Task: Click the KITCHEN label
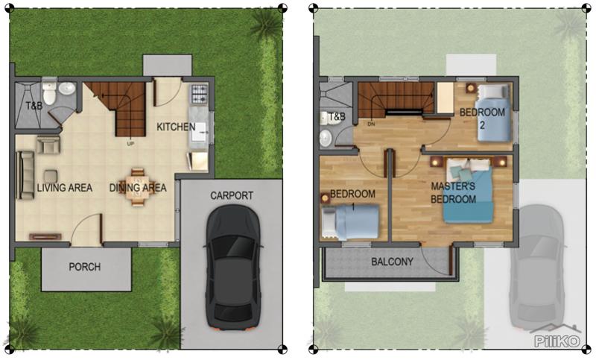pos(176,127)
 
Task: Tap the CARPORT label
pos(232,196)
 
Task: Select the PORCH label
pos(84,267)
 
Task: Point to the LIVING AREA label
pos(65,188)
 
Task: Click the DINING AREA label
pos(138,188)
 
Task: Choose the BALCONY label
pos(392,262)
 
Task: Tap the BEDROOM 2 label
pos(482,118)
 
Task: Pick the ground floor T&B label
pos(34,106)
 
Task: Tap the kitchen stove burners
pos(200,94)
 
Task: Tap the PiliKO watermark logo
pos(559,341)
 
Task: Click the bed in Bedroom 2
pos(495,112)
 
